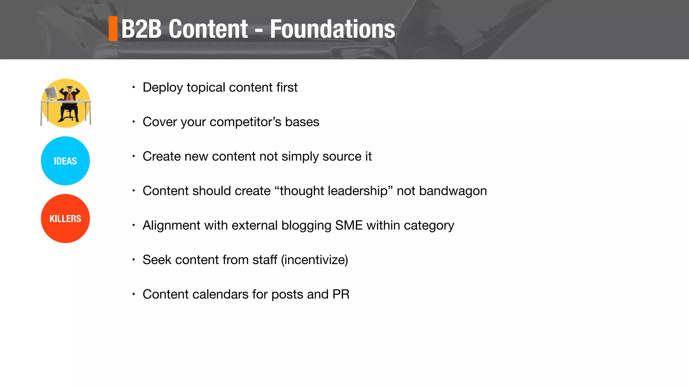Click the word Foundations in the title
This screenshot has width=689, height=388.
[332, 29]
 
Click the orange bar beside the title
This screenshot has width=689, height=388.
[113, 29]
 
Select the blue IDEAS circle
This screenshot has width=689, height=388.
[65, 161]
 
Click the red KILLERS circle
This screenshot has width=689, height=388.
[65, 219]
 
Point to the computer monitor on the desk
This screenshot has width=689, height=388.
[51, 92]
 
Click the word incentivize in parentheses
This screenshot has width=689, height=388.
[315, 260]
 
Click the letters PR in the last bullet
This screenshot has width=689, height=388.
[341, 294]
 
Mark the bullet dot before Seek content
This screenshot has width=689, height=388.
[134, 260]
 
